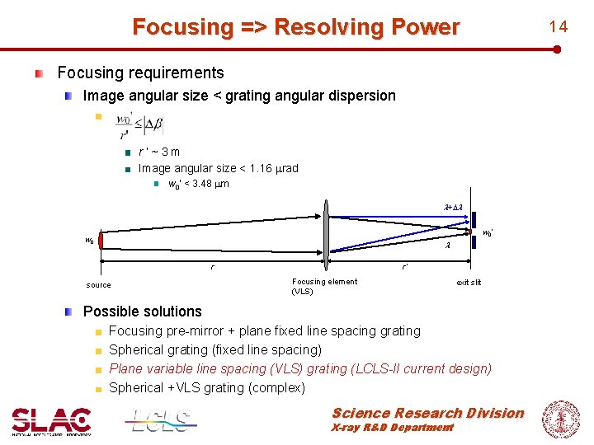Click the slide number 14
click(x=559, y=26)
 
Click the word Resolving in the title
click(x=320, y=27)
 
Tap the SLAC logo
click(x=51, y=420)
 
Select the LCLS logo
click(x=161, y=420)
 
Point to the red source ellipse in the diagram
click(x=101, y=241)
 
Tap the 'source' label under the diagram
click(x=98, y=285)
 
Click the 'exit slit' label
click(x=469, y=282)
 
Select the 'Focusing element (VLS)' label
click(x=324, y=286)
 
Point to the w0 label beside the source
click(x=89, y=241)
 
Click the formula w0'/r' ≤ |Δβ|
click(x=139, y=125)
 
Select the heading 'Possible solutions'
click(x=142, y=311)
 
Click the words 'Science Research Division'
click(x=427, y=413)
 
